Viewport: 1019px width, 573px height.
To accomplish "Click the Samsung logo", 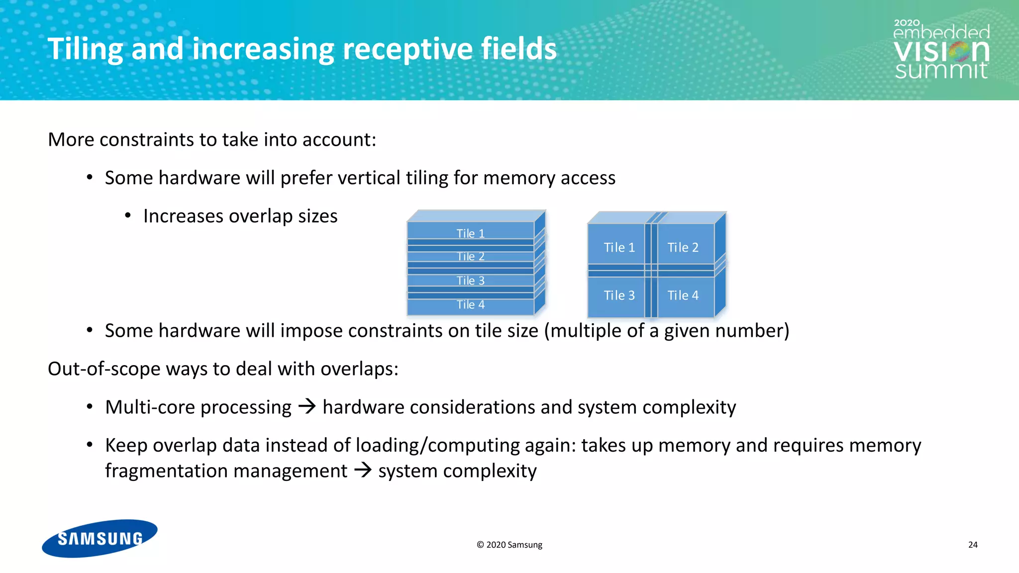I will click(x=100, y=538).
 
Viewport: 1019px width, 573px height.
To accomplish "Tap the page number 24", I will click(x=973, y=545).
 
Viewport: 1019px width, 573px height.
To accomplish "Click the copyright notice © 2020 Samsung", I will click(x=509, y=545).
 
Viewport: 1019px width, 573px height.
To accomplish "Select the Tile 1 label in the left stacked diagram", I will click(x=470, y=233).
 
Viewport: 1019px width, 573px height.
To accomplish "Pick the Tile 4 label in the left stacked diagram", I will click(x=470, y=304).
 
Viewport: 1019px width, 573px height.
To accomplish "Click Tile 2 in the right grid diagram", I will click(x=683, y=247).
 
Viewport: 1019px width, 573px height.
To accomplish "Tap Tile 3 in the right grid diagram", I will click(x=619, y=295).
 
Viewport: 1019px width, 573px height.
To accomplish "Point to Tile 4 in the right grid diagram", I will click(x=683, y=295).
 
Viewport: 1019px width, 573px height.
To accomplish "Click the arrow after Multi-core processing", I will click(x=307, y=407).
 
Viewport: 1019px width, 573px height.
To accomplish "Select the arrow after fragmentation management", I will click(x=363, y=470).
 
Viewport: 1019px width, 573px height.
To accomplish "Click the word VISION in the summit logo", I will click(x=940, y=51).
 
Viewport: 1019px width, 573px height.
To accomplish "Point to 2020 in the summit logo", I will click(x=907, y=23).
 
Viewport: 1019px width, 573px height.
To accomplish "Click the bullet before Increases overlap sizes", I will click(x=128, y=216).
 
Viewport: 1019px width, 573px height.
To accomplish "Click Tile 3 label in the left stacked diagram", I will click(x=470, y=281).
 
